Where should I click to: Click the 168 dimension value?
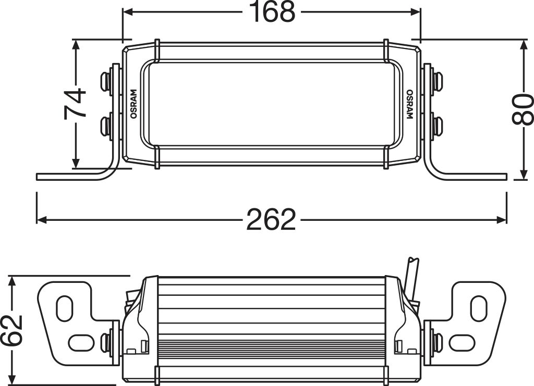[x=272, y=13]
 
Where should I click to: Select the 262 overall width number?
[x=271, y=220]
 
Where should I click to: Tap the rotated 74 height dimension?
[x=75, y=104]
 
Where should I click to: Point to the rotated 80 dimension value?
[x=523, y=109]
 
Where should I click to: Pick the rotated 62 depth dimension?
[x=13, y=330]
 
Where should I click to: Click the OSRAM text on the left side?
[x=133, y=104]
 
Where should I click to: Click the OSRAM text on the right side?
[x=409, y=105]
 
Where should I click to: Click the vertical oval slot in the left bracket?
[x=65, y=307]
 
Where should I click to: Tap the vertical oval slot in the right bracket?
[x=478, y=307]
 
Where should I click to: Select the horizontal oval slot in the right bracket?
[x=462, y=342]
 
